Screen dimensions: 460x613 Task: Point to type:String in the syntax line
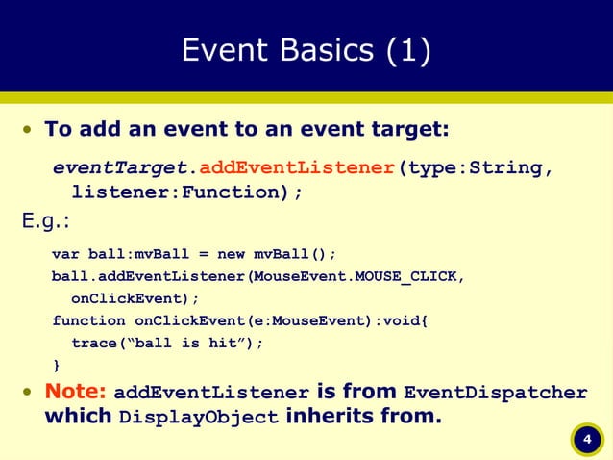click(x=475, y=169)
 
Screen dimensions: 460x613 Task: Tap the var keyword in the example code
click(x=65, y=254)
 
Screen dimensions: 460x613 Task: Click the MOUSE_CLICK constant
click(x=407, y=277)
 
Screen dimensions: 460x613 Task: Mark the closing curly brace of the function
click(x=56, y=365)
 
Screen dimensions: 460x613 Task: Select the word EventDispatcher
click(x=495, y=393)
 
